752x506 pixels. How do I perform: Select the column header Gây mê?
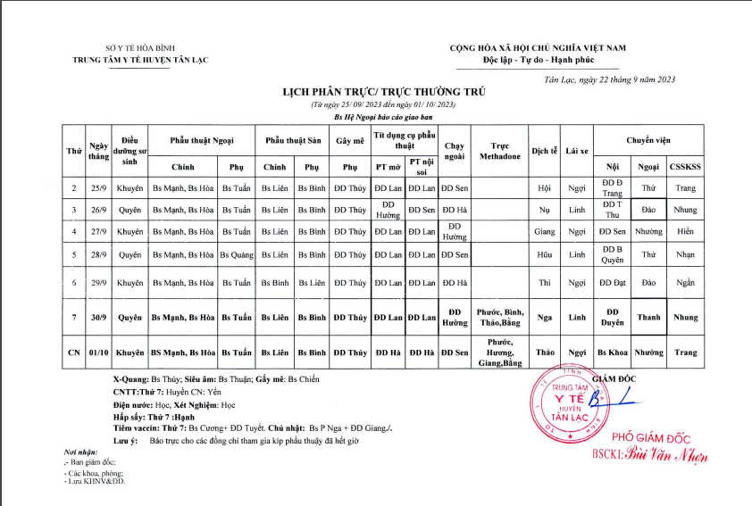point(350,141)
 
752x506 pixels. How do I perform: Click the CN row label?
point(74,352)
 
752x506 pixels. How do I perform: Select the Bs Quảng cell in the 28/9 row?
point(237,255)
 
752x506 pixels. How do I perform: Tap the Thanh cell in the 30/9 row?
point(648,317)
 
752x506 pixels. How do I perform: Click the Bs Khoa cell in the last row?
point(612,352)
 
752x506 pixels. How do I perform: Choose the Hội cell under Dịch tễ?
point(545,188)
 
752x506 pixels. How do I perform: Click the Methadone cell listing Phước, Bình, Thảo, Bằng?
point(500,317)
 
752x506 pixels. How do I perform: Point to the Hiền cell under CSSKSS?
point(686,232)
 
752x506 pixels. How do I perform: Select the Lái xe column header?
point(577,151)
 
